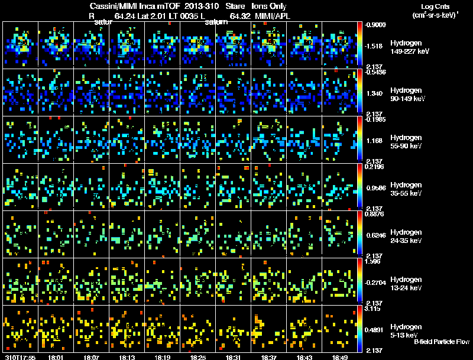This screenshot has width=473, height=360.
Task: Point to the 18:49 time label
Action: pos(339,357)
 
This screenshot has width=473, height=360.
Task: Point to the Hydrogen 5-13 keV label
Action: pos(405,330)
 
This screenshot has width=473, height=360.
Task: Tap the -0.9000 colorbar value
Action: pos(377,25)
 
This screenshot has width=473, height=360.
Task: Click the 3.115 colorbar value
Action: pos(375,309)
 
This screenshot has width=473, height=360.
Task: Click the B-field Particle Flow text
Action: pos(441,342)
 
